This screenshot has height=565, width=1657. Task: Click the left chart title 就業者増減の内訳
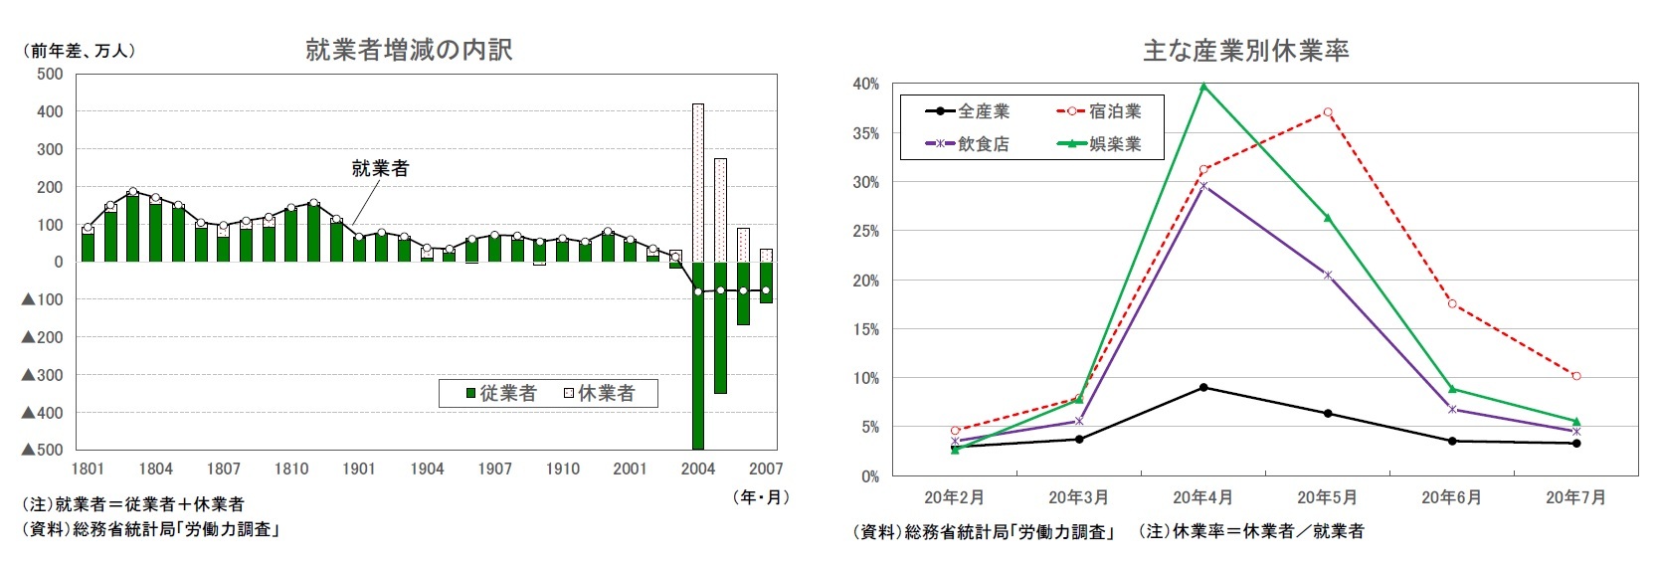[x=409, y=50]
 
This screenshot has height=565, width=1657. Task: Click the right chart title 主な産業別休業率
[x=1245, y=51]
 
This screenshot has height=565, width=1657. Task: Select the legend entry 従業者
[x=501, y=394]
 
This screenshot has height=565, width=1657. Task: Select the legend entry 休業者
[x=600, y=394]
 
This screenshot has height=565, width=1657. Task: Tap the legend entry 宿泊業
[x=1099, y=111]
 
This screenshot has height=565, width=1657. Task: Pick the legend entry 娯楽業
[x=1099, y=144]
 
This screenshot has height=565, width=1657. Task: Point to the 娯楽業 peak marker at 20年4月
[x=1203, y=87]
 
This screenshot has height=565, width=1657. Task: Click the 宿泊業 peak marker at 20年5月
[x=1328, y=112]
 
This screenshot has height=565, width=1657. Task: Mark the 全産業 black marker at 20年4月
[x=1203, y=387]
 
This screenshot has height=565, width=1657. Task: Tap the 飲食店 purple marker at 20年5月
[x=1328, y=276]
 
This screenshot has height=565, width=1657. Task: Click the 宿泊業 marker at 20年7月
[x=1576, y=376]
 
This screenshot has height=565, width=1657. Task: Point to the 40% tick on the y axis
[x=865, y=85]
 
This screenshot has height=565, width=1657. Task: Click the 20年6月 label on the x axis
[x=1451, y=497]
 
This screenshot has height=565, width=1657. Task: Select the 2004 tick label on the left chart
[x=697, y=469]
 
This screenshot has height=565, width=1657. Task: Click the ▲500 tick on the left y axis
[x=43, y=450]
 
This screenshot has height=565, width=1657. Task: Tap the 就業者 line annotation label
[x=380, y=168]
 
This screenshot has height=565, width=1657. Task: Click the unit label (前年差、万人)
[x=79, y=50]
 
